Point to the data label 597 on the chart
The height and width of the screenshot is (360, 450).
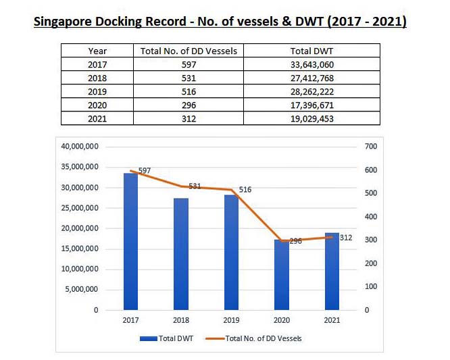click(x=144, y=171)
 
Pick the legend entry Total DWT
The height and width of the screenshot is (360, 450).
click(x=168, y=338)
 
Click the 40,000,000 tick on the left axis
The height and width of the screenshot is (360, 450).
click(x=80, y=146)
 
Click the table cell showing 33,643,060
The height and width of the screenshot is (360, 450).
click(x=311, y=65)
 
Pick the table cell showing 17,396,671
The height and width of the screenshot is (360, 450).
click(x=311, y=105)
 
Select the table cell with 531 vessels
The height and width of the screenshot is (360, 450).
click(x=189, y=78)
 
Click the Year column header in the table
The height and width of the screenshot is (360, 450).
click(x=97, y=51)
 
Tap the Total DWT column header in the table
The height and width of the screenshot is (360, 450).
click(x=311, y=51)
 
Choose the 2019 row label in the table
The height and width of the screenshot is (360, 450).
click(x=97, y=92)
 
